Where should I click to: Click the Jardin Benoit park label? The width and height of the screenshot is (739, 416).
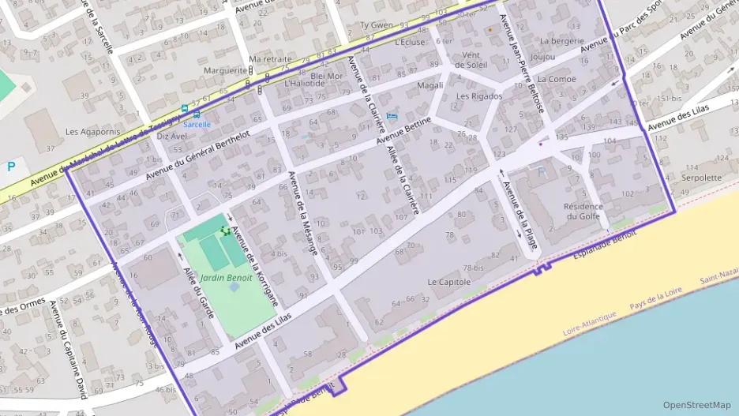(x=226, y=278)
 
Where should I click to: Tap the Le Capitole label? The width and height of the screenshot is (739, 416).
(x=448, y=282)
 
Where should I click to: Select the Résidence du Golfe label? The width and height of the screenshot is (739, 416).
(x=583, y=212)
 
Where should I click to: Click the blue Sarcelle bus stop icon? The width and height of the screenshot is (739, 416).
(x=185, y=109)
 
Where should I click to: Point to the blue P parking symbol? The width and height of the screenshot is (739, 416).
(x=11, y=167)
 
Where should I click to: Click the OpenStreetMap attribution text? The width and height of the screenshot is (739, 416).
(x=697, y=404)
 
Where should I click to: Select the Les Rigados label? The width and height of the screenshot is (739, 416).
(x=479, y=96)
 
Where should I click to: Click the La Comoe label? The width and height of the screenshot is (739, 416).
(x=556, y=80)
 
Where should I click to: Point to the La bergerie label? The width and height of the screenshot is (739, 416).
(x=561, y=40)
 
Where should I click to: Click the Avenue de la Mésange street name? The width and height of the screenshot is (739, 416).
(x=303, y=214)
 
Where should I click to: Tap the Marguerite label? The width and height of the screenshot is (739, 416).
(x=226, y=70)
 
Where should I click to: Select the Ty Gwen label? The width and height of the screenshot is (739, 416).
(x=376, y=25)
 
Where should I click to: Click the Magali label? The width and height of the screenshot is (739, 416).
(x=430, y=85)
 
